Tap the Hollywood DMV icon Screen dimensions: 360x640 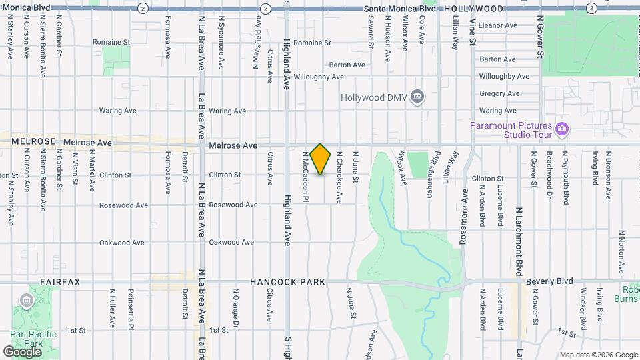click(417, 97)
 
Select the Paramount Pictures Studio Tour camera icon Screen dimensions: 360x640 click(561, 128)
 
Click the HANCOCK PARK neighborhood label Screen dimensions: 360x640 click(288, 282)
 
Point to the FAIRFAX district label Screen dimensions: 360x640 click(60, 282)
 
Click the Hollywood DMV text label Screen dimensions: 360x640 click(373, 97)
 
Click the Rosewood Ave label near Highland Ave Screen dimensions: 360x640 click(233, 205)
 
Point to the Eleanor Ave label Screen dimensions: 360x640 click(498, 25)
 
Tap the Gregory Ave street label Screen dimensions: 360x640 click(499, 94)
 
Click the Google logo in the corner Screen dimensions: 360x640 click(23, 351)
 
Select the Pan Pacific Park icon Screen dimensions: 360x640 click(27, 301)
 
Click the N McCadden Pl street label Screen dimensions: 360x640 click(306, 175)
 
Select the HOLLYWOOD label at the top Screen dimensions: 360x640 click(473, 9)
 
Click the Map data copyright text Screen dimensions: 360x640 click(598, 355)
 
